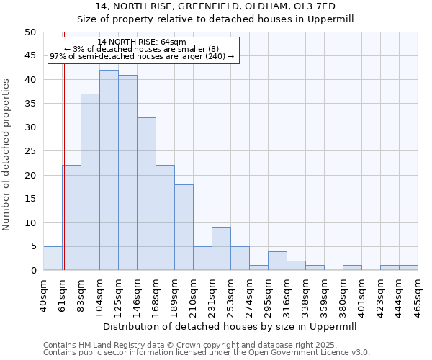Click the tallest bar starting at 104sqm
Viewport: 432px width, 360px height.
pyautogui.click(x=109, y=170)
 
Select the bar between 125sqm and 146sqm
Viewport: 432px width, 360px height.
pyautogui.click(x=127, y=173)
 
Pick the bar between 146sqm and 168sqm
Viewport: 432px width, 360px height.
pyautogui.click(x=146, y=194)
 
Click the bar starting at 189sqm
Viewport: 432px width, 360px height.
pyautogui.click(x=184, y=228)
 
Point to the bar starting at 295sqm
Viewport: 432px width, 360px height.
pyautogui.click(x=277, y=261)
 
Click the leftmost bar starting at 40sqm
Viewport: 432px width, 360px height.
pyautogui.click(x=53, y=258)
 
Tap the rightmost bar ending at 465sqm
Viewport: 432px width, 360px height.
pyautogui.click(x=408, y=268)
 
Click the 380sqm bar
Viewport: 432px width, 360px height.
pyautogui.click(x=352, y=268)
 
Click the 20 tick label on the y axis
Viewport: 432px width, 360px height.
pyautogui.click(x=30, y=175)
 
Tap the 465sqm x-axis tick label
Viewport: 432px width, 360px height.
pyautogui.click(x=418, y=292)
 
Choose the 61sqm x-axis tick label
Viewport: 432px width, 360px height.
pyautogui.click(x=63, y=292)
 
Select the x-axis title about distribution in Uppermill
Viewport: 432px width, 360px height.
pyautogui.click(x=230, y=326)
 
